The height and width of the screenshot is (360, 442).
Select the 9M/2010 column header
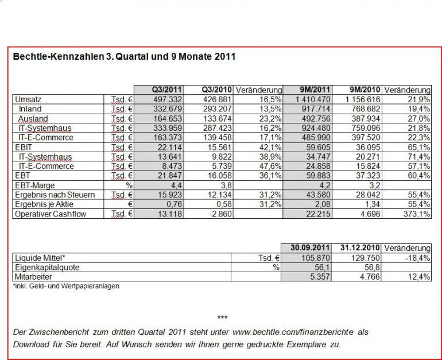click(x=365, y=90)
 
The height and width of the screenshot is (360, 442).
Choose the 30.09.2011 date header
click(x=311, y=248)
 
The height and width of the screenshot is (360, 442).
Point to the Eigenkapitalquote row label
click(x=47, y=268)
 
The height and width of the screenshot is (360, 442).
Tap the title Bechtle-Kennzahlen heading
click(x=124, y=57)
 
